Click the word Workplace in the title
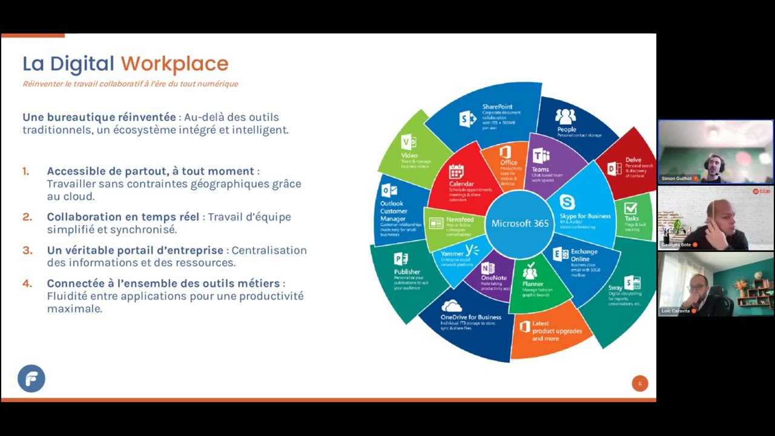click(x=174, y=64)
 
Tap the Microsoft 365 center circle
click(x=519, y=223)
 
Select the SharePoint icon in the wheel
click(x=467, y=119)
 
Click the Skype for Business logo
click(x=567, y=202)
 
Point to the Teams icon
click(x=541, y=156)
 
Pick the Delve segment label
click(x=633, y=160)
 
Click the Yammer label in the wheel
click(x=452, y=254)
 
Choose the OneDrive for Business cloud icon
click(x=452, y=306)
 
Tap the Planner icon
click(x=530, y=271)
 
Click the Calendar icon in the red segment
click(x=456, y=171)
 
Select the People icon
click(x=566, y=116)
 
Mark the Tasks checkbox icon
click(x=630, y=209)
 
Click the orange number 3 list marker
click(x=27, y=250)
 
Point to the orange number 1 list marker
click(x=26, y=171)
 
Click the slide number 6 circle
click(x=640, y=383)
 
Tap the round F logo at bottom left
click(x=31, y=378)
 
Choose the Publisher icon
click(x=401, y=259)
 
